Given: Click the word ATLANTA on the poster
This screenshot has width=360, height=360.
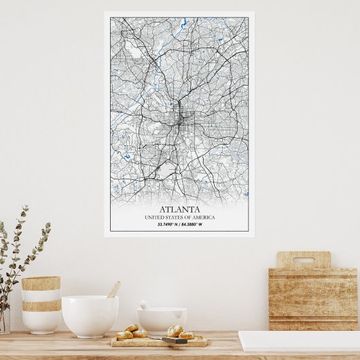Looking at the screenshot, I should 179,209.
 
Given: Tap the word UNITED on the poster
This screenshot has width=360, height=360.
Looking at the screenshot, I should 156,217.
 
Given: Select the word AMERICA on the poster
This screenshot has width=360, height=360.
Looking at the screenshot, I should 203,217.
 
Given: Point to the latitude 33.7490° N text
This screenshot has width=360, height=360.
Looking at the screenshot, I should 167,224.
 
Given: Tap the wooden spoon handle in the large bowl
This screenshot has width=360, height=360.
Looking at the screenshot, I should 113,289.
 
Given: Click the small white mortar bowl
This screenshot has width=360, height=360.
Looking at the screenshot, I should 162,319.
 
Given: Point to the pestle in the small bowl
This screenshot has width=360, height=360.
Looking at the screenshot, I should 145,306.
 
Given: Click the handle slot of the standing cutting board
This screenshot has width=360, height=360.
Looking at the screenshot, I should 303,259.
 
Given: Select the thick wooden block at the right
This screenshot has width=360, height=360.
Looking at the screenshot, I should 313,299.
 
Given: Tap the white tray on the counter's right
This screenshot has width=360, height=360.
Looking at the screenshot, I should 299,341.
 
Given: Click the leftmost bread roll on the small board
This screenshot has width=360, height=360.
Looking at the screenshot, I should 124,335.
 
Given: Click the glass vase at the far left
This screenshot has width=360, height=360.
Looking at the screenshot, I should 4,319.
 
